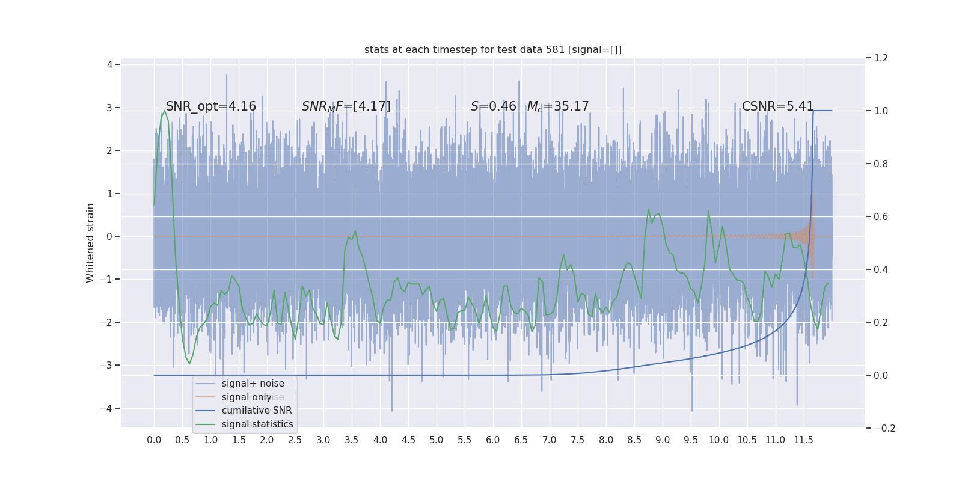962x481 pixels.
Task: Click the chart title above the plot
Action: coord(493,50)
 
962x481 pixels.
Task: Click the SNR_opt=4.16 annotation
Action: coord(210,106)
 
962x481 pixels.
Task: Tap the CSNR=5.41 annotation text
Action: coord(777,106)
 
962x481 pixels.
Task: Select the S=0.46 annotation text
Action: coord(493,106)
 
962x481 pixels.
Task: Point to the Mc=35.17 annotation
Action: coord(558,106)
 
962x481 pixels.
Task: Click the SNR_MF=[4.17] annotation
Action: coord(346,106)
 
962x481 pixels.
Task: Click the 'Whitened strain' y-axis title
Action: coord(90,243)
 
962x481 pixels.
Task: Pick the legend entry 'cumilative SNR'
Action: coord(257,411)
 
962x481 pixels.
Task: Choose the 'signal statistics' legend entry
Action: coord(257,424)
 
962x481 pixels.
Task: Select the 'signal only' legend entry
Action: coord(247,397)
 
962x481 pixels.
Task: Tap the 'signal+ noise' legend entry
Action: coord(253,384)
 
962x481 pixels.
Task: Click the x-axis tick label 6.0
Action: coord(492,440)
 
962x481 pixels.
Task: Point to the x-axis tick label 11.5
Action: coord(803,440)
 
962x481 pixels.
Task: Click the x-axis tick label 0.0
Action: coord(154,440)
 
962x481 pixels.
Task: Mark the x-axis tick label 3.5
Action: coord(351,440)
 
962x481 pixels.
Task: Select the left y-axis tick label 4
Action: coord(109,64)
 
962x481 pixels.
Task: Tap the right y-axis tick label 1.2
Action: coord(881,58)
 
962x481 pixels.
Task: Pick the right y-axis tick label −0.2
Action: coord(884,428)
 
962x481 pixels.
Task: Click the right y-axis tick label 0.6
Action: coord(881,216)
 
